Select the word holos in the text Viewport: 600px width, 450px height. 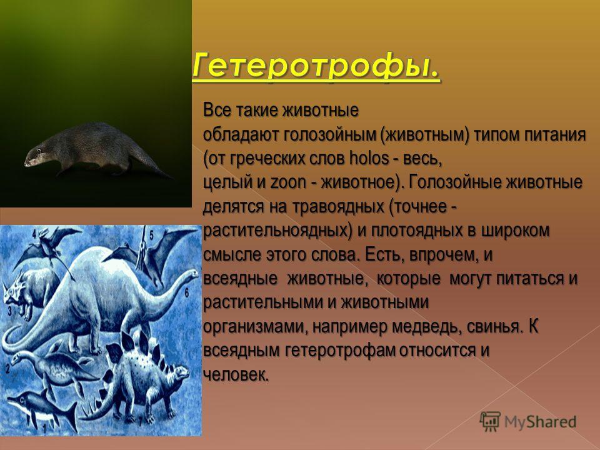(x=369, y=158)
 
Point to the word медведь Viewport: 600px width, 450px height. (x=421, y=327)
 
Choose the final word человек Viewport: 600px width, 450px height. (x=236, y=374)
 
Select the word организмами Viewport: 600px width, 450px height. (x=256, y=327)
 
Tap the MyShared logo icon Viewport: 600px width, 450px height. (x=490, y=421)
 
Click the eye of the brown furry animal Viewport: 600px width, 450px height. (x=38, y=150)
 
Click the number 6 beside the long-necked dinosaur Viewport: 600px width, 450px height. (x=187, y=292)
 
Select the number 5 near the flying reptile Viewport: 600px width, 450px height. (x=151, y=234)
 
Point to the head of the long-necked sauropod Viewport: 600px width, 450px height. (x=191, y=274)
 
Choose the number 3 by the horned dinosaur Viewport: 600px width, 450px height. (x=10, y=311)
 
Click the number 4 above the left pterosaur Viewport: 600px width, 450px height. (x=34, y=233)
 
